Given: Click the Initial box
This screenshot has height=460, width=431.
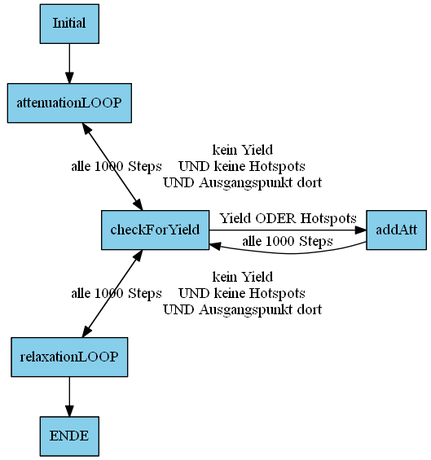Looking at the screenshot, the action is click(69, 24).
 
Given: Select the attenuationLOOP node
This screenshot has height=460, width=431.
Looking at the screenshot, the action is click(69, 103).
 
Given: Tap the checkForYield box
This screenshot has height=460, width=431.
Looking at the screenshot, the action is click(155, 230).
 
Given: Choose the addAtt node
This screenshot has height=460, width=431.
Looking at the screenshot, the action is click(396, 230).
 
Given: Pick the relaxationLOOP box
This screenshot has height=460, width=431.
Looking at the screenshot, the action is click(69, 357).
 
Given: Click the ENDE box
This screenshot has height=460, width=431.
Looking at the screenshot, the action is click(69, 436).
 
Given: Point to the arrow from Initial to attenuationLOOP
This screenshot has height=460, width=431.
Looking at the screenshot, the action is click(69, 64).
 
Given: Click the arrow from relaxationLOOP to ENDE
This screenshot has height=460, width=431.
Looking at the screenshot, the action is click(69, 396).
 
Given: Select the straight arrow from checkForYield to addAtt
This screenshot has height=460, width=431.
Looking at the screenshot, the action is click(288, 230).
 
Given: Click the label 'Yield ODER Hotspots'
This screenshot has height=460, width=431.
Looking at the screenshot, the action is click(288, 218).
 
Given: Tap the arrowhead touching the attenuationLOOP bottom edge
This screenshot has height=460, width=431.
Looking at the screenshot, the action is click(87, 128).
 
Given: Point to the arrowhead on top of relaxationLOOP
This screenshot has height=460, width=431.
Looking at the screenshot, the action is click(87, 331).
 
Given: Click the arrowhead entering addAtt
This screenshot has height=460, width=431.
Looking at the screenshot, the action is click(361, 230).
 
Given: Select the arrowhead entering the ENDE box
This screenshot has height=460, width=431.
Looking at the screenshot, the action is click(69, 410).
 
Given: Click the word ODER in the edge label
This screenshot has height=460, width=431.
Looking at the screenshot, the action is click(275, 218).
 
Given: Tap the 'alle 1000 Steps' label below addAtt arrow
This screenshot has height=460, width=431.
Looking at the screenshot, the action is click(288, 242).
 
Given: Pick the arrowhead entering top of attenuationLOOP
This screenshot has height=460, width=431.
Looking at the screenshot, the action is click(69, 77).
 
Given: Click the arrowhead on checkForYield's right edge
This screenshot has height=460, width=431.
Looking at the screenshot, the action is click(215, 246).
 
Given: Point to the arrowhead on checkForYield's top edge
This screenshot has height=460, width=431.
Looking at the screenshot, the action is click(138, 204).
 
